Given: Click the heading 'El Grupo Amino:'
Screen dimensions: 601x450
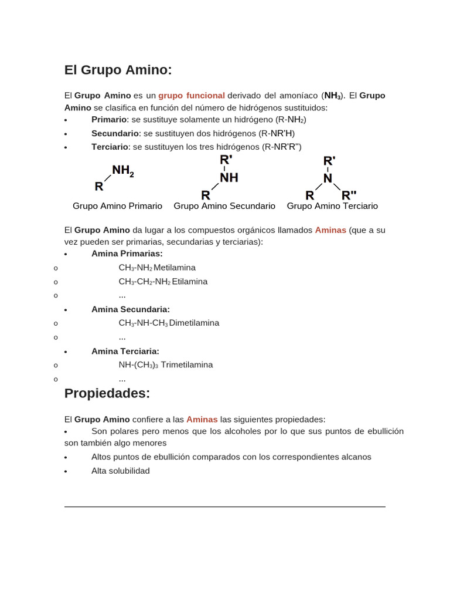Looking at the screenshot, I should pos(118,70).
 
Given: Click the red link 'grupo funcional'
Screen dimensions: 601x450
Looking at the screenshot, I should pos(192,95).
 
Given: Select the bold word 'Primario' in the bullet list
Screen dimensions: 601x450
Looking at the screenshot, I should pos(109,119).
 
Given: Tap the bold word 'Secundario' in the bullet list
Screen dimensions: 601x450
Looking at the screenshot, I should pos(115,133).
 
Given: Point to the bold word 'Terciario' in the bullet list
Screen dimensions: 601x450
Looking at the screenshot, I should pos(110,147).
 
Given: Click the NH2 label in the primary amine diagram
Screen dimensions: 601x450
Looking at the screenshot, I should pos(123,171).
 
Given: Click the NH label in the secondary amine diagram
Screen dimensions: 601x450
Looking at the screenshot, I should pos(229,177).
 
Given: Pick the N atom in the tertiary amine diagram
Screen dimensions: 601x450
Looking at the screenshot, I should pos(328,178).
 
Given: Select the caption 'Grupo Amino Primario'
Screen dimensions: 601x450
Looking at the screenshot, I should pos(117,206).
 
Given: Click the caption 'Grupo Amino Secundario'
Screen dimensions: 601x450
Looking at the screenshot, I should pos(224,206).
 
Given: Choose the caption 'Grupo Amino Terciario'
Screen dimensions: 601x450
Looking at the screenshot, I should pos(332,206).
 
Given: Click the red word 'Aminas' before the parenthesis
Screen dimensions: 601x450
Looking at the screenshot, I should pos(330,230).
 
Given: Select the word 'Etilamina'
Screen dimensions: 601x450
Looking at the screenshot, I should pos(190,282).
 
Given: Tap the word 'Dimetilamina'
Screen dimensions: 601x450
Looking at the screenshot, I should pos(194,323).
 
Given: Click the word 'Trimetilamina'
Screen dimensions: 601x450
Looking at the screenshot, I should pos(187,364).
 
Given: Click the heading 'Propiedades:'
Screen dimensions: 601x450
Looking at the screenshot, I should pos(107,393).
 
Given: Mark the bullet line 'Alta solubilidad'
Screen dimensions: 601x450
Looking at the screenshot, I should pos(121,471).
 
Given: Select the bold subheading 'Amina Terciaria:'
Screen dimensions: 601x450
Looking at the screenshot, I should pos(125,351).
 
